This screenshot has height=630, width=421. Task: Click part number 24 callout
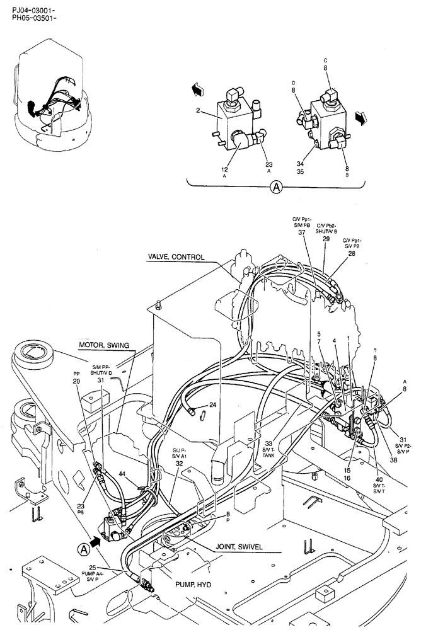213,405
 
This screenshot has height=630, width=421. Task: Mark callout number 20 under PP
76,382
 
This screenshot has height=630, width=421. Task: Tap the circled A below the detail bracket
275,186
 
